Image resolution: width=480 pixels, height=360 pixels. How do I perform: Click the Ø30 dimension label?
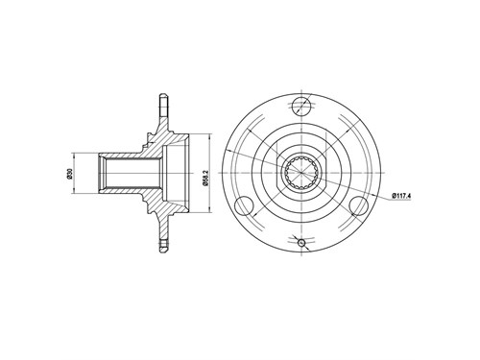click(x=69, y=173)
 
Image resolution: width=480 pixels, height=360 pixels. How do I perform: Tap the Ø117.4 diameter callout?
click(x=400, y=195)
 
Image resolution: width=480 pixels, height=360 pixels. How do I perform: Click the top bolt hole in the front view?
click(x=301, y=106)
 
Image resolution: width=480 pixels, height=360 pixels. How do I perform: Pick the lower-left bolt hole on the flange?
click(x=244, y=205)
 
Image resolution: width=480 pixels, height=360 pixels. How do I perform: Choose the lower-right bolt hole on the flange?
click(x=358, y=205)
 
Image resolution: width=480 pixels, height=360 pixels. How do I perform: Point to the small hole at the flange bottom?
click(x=301, y=243)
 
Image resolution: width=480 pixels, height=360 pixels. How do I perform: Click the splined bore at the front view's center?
click(x=301, y=173)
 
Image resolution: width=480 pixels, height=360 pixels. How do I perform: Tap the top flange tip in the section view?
click(x=163, y=96)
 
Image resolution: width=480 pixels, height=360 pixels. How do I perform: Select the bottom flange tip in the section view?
click(x=163, y=250)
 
